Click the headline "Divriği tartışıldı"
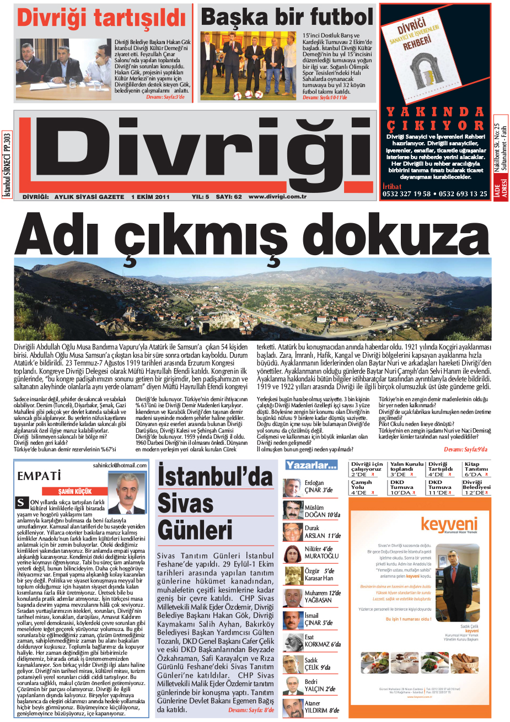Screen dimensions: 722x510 101,18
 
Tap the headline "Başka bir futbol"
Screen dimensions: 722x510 287,17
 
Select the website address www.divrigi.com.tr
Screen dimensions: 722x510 277,197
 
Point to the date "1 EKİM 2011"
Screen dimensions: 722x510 150,197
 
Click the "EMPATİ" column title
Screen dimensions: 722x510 39,476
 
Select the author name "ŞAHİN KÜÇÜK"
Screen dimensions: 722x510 75,491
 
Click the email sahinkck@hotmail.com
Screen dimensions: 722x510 120,465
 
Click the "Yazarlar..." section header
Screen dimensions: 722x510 311,466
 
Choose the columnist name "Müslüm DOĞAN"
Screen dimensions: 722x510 322,511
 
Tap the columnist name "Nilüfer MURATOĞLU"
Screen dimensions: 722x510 321,553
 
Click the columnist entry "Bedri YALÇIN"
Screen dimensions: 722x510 322,685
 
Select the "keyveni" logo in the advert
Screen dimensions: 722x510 449,525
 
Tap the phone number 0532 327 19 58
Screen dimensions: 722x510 406,194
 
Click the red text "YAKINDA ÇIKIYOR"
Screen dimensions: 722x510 435,119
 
